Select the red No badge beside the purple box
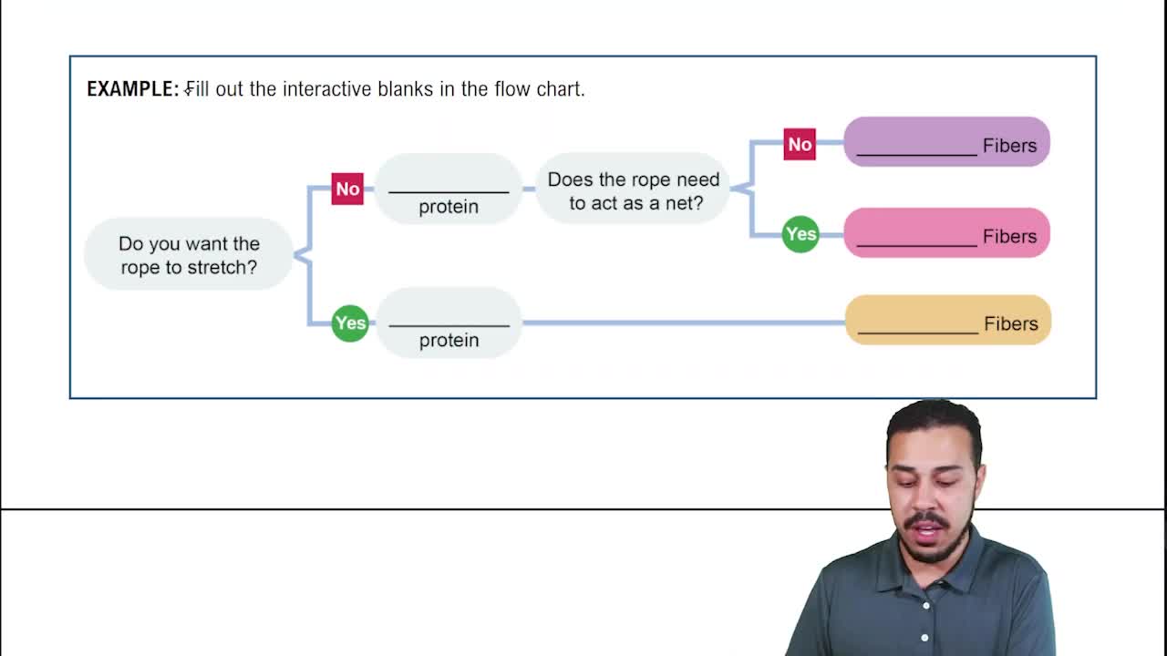coord(800,144)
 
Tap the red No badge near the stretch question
coord(347,189)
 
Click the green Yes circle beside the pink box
coord(800,234)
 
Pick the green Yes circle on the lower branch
coord(350,323)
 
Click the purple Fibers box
coord(946,142)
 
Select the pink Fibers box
coord(946,233)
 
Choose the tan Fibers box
coord(948,321)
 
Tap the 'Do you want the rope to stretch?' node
coord(189,255)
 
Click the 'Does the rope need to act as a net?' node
coord(633,190)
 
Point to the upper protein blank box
coord(449,189)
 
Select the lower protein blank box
coord(449,323)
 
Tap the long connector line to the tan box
coord(684,323)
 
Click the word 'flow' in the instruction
coord(515,89)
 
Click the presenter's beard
coord(927,545)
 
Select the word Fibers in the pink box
coord(1009,237)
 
